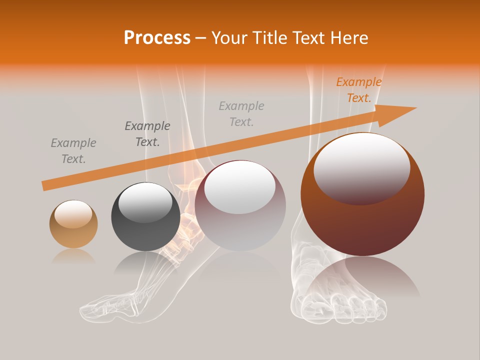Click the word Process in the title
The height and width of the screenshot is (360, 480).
point(157,38)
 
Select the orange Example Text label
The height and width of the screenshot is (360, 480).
point(358,90)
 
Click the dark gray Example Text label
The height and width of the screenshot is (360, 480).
point(147,133)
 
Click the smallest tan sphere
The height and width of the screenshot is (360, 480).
point(73,224)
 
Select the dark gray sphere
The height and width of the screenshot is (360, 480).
point(145,216)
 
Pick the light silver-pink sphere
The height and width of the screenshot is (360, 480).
point(240,205)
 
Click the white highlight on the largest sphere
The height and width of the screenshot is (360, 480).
point(361,167)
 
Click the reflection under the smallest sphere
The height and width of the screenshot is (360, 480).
point(73,256)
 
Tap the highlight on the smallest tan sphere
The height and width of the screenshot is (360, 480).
point(73,214)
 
